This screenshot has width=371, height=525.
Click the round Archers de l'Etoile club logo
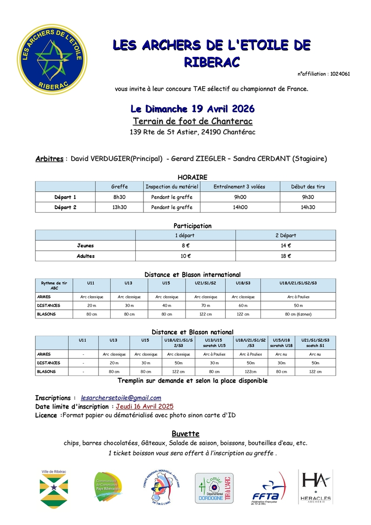click(52, 59)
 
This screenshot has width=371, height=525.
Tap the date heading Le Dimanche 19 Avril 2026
click(192, 108)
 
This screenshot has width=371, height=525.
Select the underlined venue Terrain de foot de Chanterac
click(192, 121)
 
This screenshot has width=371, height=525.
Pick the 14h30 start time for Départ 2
click(308, 207)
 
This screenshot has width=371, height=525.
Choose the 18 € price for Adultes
click(286, 256)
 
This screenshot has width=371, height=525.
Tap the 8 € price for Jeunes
click(185, 246)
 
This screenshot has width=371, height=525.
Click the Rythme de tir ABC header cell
click(54, 286)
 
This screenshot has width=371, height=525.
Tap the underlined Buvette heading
click(185, 434)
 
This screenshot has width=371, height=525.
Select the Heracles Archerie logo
click(315, 487)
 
